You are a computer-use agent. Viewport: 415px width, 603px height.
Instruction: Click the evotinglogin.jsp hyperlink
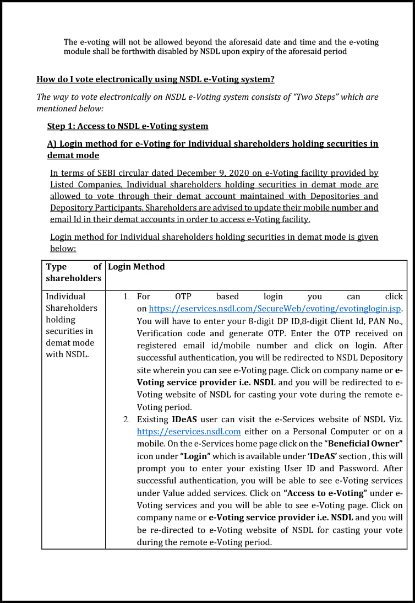[275, 308]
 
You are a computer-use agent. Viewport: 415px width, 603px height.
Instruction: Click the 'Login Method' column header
[136, 267]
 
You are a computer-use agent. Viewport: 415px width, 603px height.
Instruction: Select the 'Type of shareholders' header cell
[74, 272]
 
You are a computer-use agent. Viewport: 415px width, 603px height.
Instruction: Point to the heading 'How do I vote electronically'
[155, 79]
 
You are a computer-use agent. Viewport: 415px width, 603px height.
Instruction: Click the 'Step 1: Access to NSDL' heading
[128, 126]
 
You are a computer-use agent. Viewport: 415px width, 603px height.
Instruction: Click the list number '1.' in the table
[127, 297]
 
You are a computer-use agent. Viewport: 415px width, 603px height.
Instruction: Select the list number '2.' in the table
[127, 419]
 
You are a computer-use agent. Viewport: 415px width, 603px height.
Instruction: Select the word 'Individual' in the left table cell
[65, 297]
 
